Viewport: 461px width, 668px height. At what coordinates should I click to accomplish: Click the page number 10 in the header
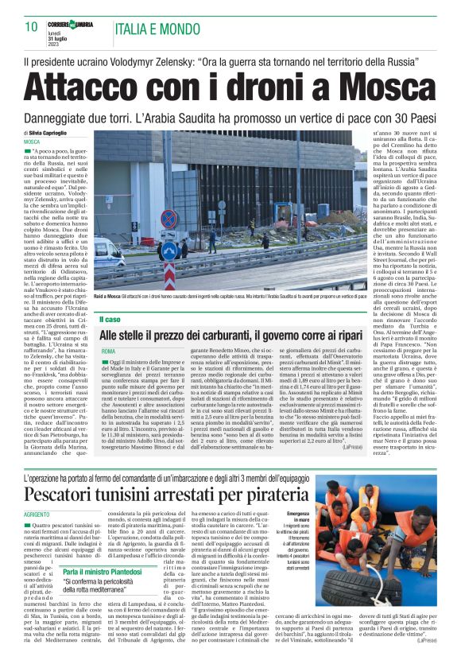click(31, 26)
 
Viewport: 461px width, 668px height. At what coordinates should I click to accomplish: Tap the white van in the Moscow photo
click(106, 253)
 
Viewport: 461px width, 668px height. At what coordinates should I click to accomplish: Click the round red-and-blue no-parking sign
click(169, 219)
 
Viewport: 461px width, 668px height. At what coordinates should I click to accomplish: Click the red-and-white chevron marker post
click(169, 275)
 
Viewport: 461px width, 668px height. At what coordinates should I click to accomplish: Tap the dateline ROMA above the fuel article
click(108, 351)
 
